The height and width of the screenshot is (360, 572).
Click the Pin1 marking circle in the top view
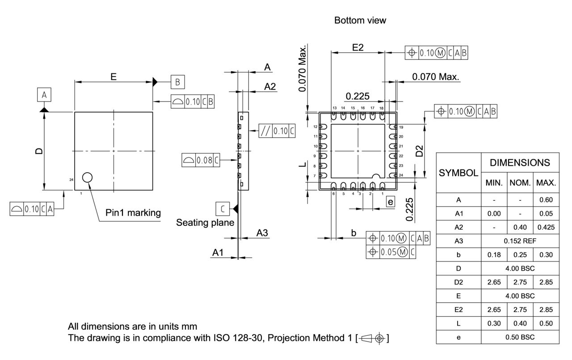(87, 178)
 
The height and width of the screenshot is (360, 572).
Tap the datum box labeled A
(44, 95)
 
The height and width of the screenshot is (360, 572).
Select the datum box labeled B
(177, 82)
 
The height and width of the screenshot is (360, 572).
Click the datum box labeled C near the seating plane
(223, 208)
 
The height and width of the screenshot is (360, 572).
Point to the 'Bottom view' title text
(360, 21)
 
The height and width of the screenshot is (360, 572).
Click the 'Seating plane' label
(205, 222)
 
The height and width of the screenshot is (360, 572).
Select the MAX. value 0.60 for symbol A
(546, 200)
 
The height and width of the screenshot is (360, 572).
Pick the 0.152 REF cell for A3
(520, 241)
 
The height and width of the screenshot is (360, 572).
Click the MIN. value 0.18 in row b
(494, 254)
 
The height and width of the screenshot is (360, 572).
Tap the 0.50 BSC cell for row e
(520, 337)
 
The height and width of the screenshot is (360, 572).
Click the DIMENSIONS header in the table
(520, 163)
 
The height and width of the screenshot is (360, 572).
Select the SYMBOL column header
(458, 173)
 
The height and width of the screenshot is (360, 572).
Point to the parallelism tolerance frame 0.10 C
(277, 131)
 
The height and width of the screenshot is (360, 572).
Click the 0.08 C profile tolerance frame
(201, 160)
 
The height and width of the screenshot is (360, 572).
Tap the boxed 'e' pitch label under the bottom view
(391, 202)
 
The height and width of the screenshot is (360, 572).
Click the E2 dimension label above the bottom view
(358, 47)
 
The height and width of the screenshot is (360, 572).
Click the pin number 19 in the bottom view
(400, 127)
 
